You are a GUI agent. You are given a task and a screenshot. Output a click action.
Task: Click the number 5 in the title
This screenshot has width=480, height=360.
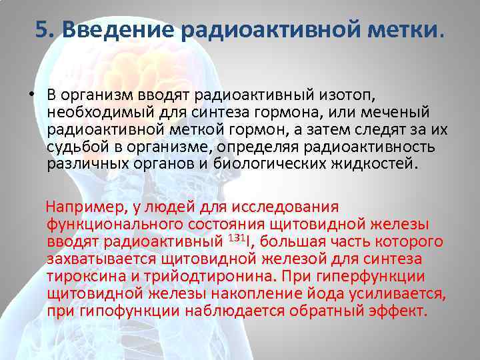(43, 29)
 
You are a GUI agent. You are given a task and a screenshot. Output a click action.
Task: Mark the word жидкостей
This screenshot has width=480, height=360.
(374, 163)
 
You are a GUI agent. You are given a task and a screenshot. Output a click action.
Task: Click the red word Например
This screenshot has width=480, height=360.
(84, 207)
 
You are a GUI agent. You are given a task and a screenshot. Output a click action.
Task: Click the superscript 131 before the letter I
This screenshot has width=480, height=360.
(235, 238)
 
